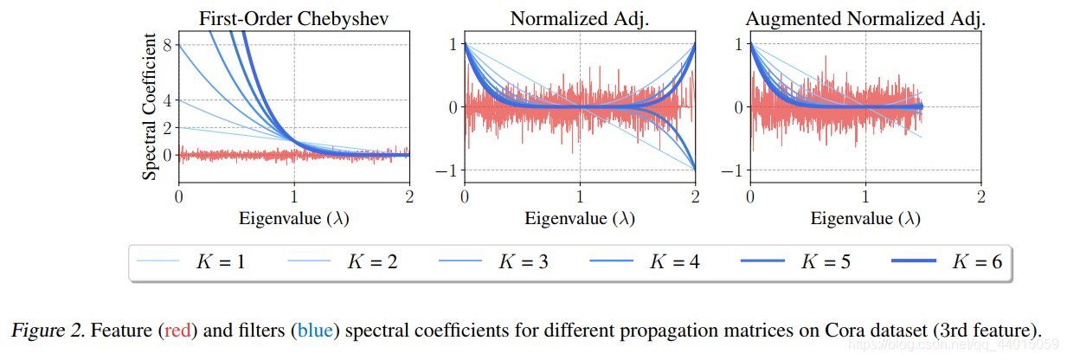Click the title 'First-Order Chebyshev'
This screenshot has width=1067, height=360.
tap(294, 17)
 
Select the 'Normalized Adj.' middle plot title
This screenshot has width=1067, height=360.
tap(580, 17)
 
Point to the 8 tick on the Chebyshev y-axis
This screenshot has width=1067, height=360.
tap(167, 45)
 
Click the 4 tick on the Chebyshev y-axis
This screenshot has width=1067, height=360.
tap(167, 100)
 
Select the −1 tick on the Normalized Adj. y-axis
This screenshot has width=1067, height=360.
tap(448, 170)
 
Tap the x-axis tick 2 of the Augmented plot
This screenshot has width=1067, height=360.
tap(980, 196)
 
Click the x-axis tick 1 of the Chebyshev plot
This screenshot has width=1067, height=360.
tap(294, 196)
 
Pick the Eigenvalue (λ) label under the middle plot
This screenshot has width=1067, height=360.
tap(580, 219)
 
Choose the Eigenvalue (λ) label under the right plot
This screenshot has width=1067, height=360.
tap(865, 219)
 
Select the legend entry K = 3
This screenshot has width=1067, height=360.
tap(521, 260)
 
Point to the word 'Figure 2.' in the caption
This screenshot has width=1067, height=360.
tap(48, 331)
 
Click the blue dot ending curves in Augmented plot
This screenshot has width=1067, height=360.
tap(922, 107)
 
